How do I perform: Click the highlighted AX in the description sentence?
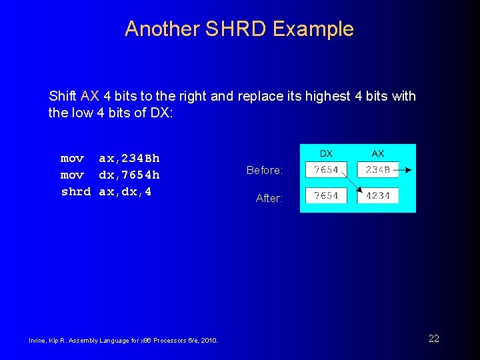point(89,96)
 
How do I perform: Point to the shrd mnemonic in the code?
point(75,192)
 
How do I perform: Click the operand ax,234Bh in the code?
point(129,159)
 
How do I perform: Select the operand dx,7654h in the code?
point(129,175)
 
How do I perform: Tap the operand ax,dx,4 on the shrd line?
point(125,192)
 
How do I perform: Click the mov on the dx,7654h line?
point(72,175)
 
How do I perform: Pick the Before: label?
point(265,171)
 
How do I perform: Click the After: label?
point(269,199)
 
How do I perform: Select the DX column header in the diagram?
point(327,154)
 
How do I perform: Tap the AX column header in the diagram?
point(378,154)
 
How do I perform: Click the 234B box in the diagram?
point(378,170)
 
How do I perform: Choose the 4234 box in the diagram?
point(378,196)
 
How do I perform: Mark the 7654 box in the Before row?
point(326,170)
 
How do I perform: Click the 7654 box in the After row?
point(326,196)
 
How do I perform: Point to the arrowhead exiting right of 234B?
point(408,170)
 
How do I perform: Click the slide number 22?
point(434,339)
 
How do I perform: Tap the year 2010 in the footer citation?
point(207,341)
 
